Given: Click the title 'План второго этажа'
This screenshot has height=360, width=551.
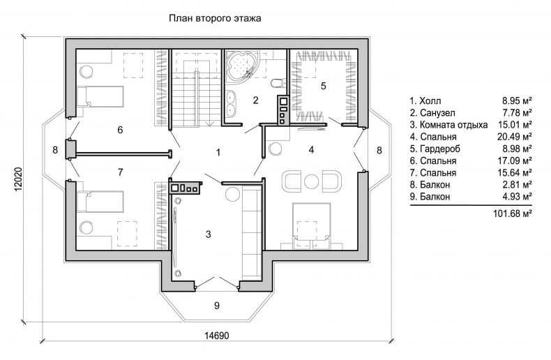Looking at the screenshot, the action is point(215,18).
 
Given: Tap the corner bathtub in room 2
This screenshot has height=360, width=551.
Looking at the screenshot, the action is point(242,65).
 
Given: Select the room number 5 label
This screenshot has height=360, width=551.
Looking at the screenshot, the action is point(324,86).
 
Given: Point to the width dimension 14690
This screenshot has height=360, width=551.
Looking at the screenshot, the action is point(216,336).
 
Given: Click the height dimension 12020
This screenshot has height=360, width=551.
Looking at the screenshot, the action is point(18,179).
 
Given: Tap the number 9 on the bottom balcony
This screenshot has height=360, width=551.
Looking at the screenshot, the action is point(217,306).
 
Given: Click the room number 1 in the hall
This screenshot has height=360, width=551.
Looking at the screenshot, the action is point(218,153).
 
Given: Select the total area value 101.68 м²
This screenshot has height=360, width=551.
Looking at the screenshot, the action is point(512,213).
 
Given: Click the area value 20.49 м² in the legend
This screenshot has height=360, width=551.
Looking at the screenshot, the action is point(514,137).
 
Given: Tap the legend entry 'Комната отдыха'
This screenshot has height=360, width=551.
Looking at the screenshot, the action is point(453,125).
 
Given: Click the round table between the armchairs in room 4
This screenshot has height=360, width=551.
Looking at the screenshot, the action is point(310,182).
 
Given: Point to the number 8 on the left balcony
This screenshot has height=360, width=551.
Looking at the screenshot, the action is point(55,150).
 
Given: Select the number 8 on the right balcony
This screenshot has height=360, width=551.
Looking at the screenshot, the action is point(379,151).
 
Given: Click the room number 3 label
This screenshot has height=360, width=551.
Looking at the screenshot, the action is point(209,234).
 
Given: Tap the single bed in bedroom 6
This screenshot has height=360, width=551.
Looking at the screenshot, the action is point(100,97).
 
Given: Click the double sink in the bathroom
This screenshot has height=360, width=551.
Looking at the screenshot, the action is point(231,103).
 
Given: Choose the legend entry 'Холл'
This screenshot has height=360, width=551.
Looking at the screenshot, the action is point(430,101).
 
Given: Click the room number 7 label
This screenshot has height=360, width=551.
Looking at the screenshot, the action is point(121,172).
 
